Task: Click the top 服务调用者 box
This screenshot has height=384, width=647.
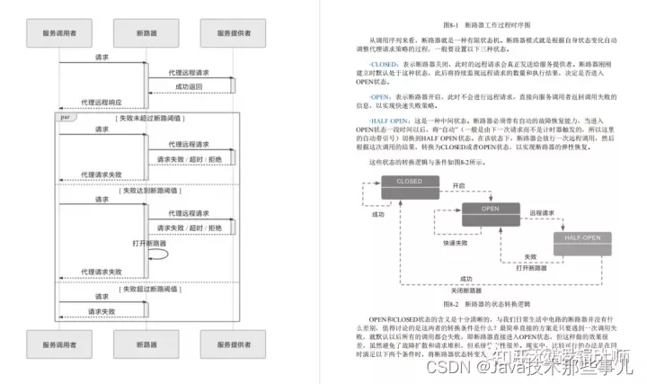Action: (x=61, y=33)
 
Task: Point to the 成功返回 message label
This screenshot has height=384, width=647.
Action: (x=189, y=86)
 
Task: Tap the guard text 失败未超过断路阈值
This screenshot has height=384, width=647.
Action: (x=149, y=118)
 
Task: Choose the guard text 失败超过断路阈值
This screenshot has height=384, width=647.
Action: (x=149, y=290)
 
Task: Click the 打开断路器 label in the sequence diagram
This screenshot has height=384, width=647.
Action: (x=146, y=244)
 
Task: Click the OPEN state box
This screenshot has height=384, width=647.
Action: (x=491, y=210)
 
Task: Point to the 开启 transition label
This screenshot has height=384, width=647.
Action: (x=459, y=185)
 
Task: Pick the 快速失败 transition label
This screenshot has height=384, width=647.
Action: (x=454, y=243)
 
